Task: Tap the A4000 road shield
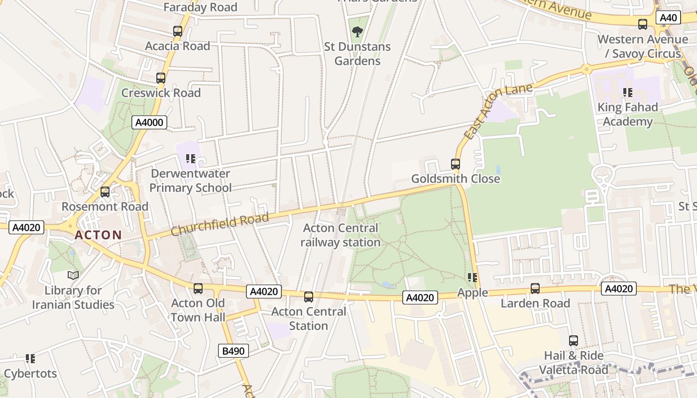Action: [149, 122]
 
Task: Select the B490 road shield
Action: [233, 351]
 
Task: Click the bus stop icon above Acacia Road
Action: [178, 31]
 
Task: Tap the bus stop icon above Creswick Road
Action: [160, 78]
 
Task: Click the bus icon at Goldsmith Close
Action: [455, 164]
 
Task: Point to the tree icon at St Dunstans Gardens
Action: [357, 32]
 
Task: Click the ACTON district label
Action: [99, 235]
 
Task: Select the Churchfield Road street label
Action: [220, 224]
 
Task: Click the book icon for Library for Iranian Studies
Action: [73, 275]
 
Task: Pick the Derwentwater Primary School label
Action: [191, 181]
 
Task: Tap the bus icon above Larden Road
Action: [535, 289]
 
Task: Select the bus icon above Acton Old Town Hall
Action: [198, 289]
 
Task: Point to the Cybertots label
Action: [30, 374]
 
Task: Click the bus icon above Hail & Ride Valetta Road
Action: [574, 341]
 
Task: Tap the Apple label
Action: [472, 293]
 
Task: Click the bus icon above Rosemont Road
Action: [105, 192]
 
